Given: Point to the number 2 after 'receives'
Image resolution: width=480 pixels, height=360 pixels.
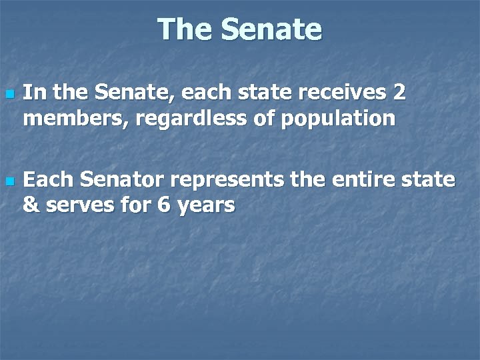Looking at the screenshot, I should (x=399, y=93).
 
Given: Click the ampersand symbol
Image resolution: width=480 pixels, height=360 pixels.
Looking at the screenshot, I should (x=31, y=205).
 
